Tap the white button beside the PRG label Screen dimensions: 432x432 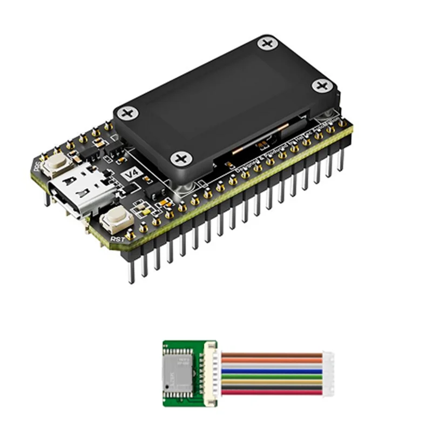point(55,160)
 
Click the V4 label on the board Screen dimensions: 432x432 point(132,174)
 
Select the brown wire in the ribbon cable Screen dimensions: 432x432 point(270,355)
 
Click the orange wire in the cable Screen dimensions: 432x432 point(270,360)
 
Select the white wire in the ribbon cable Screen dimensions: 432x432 point(270,366)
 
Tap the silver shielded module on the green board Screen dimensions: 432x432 point(179,372)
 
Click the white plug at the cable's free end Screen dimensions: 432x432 point(328,373)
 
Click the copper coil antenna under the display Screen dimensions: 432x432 point(259,145)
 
